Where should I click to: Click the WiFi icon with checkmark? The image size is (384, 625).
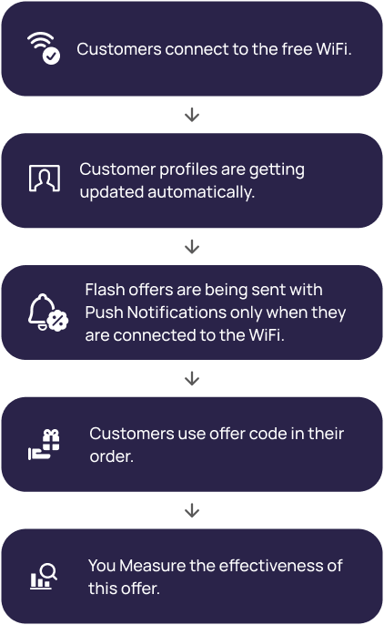pos(44,47)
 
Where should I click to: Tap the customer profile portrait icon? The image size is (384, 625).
pos(45,179)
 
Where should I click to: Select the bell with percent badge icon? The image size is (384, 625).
pos(48,312)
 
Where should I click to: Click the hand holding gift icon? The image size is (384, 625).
pos(45,445)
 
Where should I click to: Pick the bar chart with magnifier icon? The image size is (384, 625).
pos(44,577)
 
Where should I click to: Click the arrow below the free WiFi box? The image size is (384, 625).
pos(192,115)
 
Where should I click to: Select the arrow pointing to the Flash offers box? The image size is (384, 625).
pos(192,246)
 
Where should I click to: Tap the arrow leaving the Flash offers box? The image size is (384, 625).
pos(192,378)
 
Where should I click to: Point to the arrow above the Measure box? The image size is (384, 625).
pos(192,510)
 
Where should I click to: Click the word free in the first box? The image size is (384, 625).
pos(297,49)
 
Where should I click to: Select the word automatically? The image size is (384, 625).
pos(201,192)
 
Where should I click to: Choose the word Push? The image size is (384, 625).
pos(104,312)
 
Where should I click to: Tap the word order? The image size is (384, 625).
pos(111,456)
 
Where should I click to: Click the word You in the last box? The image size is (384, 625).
pos(102,566)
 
